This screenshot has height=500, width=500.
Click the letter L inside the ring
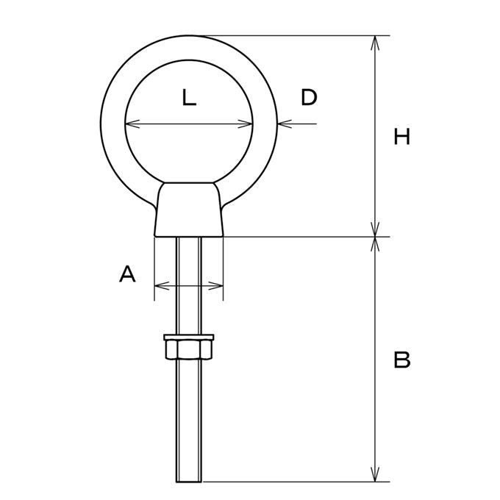[x=189, y=97]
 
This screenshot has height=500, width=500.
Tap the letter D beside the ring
[x=309, y=97]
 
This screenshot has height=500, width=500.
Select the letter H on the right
[x=401, y=137]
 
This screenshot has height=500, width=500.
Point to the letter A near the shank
[x=127, y=274]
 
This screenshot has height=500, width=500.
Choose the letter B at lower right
[x=401, y=360]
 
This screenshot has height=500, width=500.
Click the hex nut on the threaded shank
[x=189, y=350]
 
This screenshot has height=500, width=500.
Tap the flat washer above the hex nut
[x=189, y=337]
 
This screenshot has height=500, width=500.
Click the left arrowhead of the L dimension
[x=132, y=124]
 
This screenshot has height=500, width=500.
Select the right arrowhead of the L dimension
[x=246, y=124]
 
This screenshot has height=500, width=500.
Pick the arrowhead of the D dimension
[x=285, y=124]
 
